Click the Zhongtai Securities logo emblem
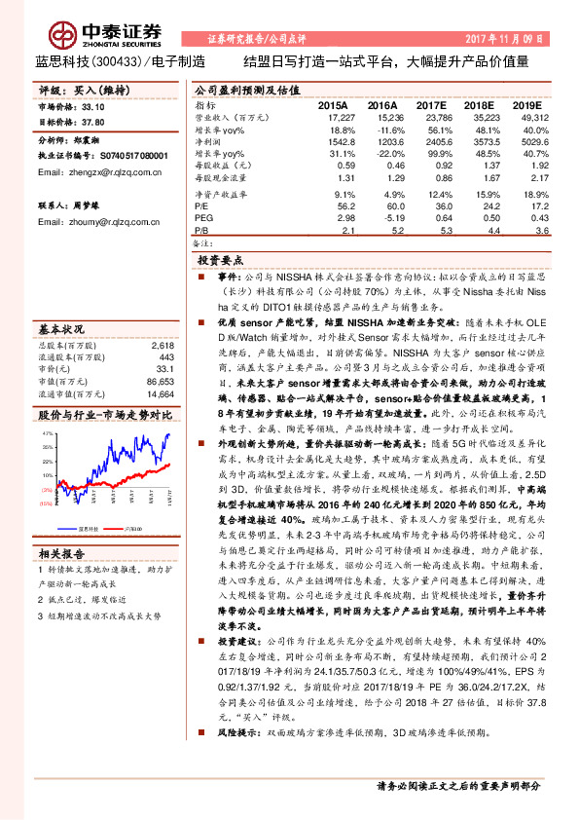(x=65, y=35)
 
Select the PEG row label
(x=201, y=219)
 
